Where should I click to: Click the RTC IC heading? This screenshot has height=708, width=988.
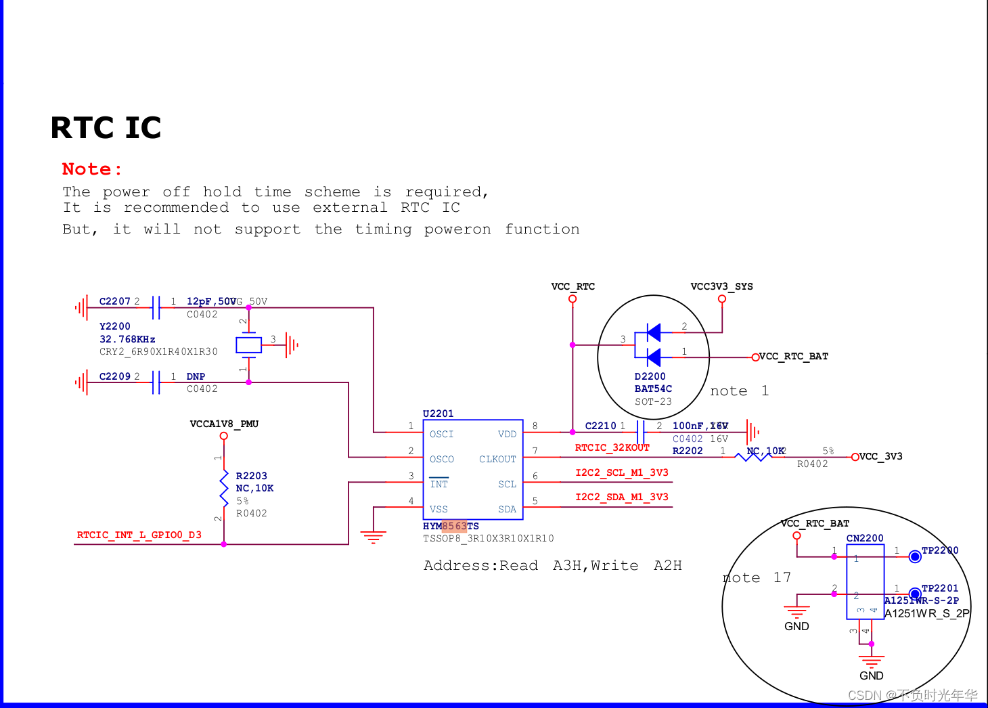click(x=106, y=128)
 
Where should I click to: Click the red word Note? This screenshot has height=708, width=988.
click(x=92, y=169)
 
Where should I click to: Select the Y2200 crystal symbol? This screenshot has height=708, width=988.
click(x=248, y=345)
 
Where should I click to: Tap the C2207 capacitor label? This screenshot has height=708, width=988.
click(x=114, y=301)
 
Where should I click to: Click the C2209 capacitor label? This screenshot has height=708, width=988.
click(x=114, y=376)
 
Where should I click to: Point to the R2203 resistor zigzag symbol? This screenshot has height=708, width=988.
click(x=224, y=488)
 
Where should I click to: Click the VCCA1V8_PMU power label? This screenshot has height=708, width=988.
click(x=224, y=424)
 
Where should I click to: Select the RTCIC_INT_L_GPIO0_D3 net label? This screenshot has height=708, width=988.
click(x=139, y=535)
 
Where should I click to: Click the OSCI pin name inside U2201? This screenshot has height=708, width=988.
click(x=441, y=434)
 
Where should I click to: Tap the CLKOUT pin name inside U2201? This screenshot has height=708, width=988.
click(x=497, y=459)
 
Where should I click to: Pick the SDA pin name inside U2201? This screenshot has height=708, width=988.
click(x=507, y=509)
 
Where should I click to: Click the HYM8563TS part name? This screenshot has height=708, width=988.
click(x=451, y=526)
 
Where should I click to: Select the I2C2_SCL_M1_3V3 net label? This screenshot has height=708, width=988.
click(x=621, y=472)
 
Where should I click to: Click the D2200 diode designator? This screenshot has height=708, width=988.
click(x=650, y=376)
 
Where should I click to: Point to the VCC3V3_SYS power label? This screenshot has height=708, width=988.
click(x=721, y=286)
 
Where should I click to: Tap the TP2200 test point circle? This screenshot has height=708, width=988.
click(x=915, y=556)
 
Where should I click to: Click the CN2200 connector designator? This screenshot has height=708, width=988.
click(x=865, y=538)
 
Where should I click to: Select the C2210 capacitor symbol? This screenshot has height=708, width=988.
click(x=640, y=431)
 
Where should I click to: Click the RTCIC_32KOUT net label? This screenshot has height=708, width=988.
click(x=612, y=447)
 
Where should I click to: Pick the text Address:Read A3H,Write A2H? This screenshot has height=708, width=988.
click(x=552, y=565)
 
